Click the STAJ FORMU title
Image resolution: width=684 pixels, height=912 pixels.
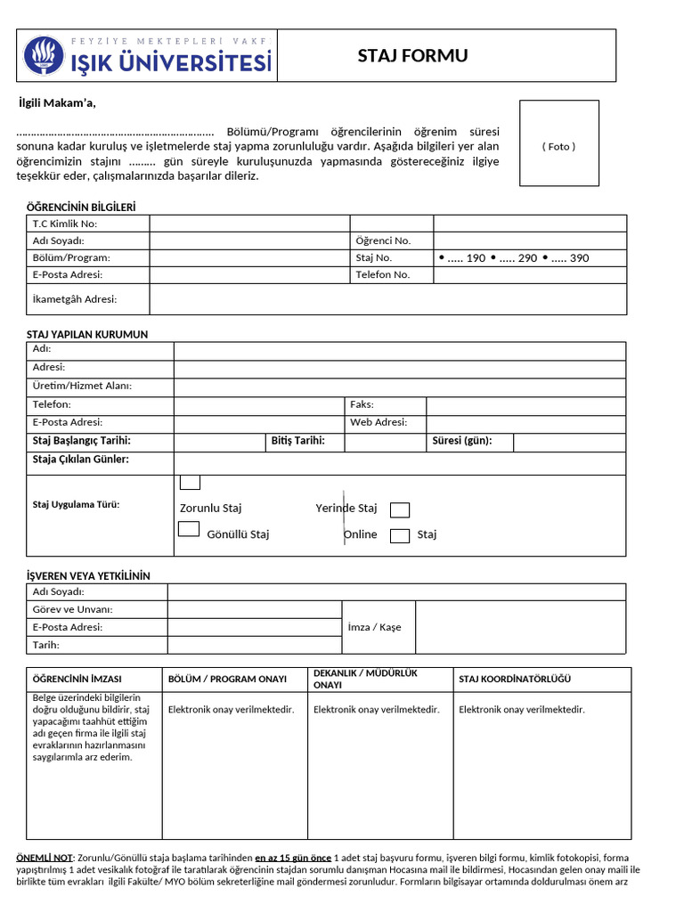412,56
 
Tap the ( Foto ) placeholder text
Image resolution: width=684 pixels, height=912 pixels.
558,146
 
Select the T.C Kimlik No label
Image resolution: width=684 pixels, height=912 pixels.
65,224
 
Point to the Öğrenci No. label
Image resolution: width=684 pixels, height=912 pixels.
383,240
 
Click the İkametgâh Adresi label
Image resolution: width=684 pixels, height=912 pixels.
75,299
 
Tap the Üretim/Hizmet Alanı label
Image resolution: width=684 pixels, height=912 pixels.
82,386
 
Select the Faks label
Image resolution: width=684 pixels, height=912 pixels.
362,404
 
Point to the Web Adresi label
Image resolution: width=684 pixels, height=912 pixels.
379,422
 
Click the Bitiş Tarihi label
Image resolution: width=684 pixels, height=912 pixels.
297,441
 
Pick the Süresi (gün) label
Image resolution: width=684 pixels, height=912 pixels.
461,441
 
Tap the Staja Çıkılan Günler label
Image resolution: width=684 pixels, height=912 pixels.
81,460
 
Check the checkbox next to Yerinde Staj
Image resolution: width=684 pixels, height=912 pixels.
400,510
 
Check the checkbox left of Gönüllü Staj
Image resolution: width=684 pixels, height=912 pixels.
189,529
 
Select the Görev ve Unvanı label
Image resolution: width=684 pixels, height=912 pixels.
72,610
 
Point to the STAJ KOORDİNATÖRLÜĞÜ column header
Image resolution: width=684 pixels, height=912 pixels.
515,680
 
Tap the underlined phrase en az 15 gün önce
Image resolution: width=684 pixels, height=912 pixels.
293,857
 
